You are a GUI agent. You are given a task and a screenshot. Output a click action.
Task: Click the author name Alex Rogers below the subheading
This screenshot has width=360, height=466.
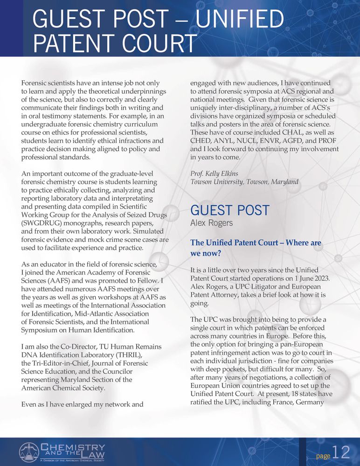click(x=211, y=223)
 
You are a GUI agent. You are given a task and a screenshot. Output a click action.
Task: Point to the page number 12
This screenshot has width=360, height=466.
click(x=341, y=452)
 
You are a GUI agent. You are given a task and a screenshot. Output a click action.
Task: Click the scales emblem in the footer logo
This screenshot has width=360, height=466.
click(x=28, y=452)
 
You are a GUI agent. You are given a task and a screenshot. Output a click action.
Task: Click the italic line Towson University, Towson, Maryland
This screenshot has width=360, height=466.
click(x=244, y=182)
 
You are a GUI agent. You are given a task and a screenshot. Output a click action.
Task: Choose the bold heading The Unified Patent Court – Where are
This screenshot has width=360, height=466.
click(x=256, y=243)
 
